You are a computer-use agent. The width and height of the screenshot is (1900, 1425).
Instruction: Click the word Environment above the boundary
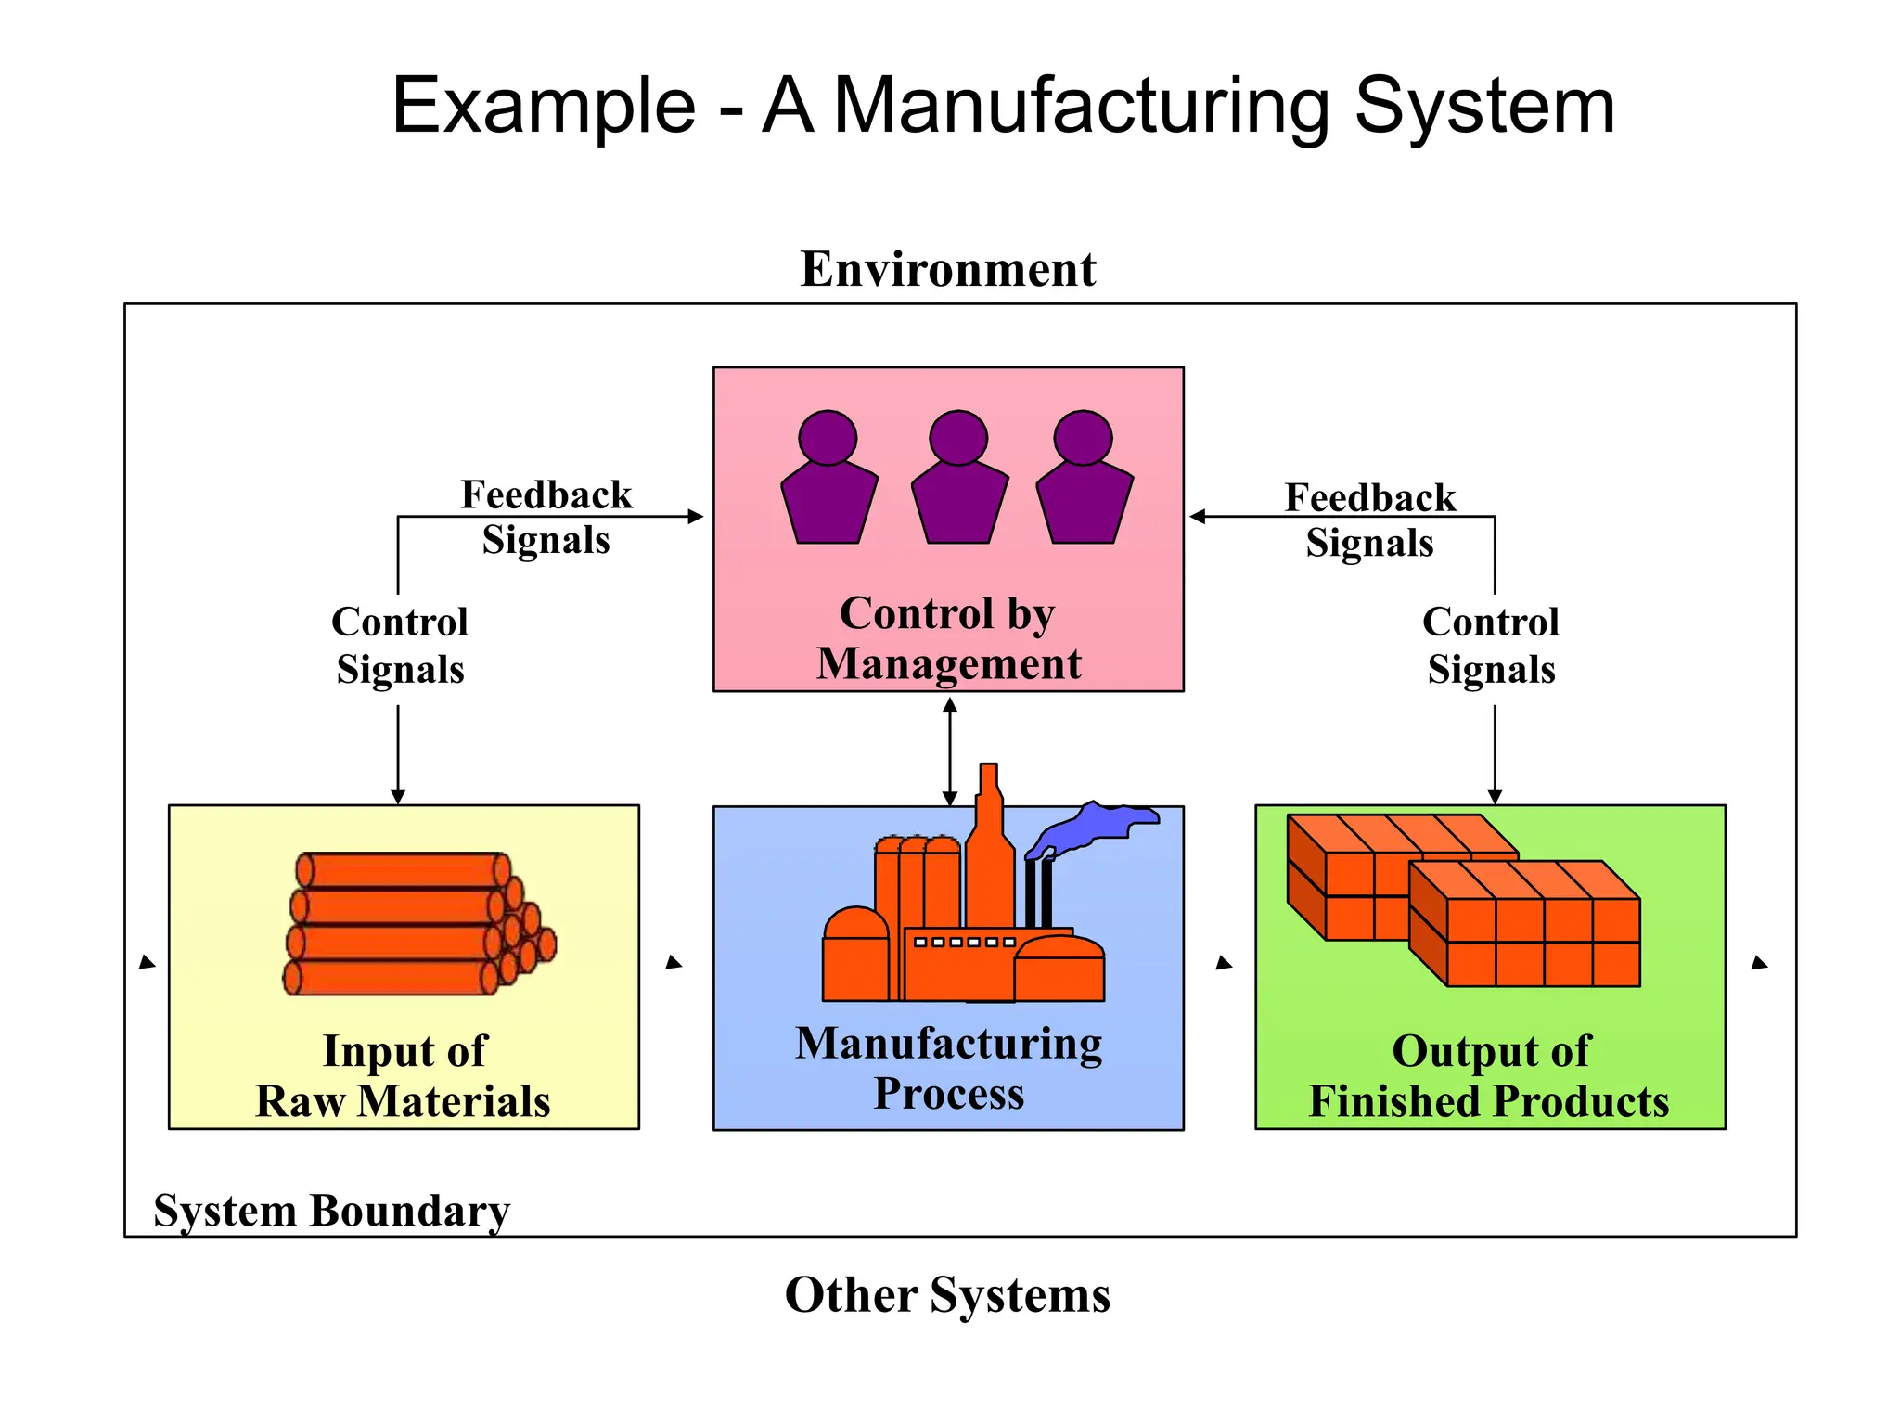947,270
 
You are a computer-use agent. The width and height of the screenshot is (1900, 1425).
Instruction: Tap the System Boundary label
331,1211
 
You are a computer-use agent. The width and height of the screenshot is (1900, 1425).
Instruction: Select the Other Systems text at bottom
947,1294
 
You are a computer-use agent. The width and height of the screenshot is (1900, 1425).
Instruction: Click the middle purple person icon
959,482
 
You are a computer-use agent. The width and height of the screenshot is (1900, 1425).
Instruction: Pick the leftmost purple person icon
828,482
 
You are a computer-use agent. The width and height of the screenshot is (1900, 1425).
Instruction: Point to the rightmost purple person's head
1083,437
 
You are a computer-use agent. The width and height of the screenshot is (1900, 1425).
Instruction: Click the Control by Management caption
948,638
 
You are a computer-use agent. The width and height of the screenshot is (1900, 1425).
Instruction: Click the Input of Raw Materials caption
404,1076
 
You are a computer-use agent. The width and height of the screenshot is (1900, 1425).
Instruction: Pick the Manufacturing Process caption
948,1068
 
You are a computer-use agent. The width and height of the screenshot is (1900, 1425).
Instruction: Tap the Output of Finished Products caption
1489,1076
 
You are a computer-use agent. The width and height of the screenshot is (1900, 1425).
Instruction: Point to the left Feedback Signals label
546,517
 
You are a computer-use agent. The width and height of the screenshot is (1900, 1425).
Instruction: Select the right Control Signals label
1491,646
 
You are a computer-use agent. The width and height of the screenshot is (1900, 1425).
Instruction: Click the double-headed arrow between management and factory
949,751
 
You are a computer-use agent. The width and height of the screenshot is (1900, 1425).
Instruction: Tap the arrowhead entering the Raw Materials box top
398,796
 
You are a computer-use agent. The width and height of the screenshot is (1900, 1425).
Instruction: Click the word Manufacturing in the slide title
1082,106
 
